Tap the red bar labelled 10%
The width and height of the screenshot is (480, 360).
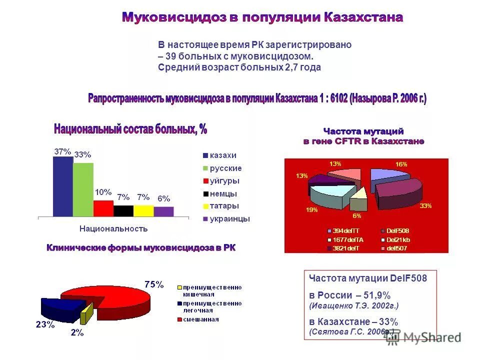(103, 208)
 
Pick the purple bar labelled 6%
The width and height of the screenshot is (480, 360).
(163, 211)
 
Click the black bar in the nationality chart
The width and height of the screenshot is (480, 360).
(123, 210)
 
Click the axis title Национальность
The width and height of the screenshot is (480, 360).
(114, 229)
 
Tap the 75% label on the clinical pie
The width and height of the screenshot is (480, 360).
(154, 284)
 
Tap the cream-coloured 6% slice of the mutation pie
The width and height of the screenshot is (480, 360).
(358, 204)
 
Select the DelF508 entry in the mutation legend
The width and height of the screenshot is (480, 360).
(398, 231)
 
